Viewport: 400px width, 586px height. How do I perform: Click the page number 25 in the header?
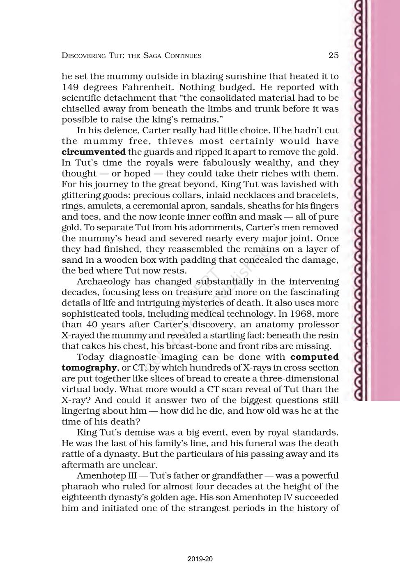[333, 55]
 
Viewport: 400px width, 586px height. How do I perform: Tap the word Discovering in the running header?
[83, 56]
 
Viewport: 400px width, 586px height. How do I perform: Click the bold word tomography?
[89, 368]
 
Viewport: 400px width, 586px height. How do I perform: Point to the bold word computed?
[314, 357]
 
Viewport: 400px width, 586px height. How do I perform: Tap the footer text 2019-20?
[200, 559]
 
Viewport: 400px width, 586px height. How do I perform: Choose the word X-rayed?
[80, 335]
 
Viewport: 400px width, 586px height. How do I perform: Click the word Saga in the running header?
[152, 56]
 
